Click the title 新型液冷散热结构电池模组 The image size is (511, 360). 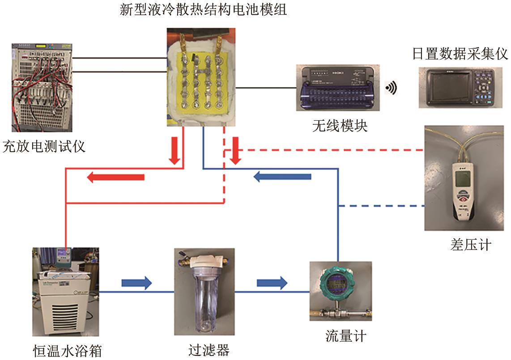pyautogui.click(x=204, y=10)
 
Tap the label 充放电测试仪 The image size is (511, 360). pyautogui.click(x=44, y=146)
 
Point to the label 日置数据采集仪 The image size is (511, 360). pyautogui.click(x=460, y=55)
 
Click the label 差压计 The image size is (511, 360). pyautogui.click(x=471, y=245)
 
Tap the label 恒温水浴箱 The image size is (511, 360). pyautogui.click(x=68, y=350)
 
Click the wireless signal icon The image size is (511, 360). pyautogui.click(x=390, y=89)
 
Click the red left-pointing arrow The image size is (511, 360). pyautogui.click(x=115, y=178)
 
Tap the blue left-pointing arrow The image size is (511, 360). pyautogui.click(x=282, y=177)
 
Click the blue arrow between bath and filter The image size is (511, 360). pyautogui.click(x=136, y=283)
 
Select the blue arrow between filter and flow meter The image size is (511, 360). pyautogui.click(x=272, y=283)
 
